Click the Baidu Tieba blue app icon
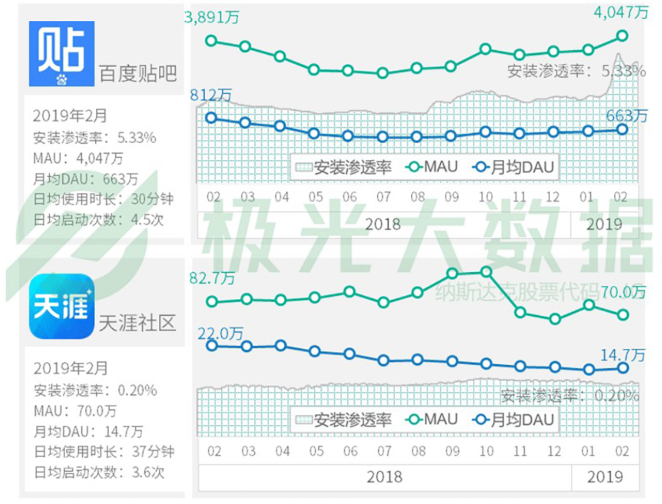[x=62, y=53]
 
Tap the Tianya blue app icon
[x=62, y=306]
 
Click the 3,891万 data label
[x=212, y=17]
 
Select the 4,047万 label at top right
[x=621, y=12]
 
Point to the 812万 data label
[x=211, y=95]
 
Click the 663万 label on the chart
[x=626, y=116]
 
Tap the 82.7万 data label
[x=212, y=278]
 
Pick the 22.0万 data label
[x=220, y=333]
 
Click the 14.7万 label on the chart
[x=623, y=355]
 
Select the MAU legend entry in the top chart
[x=432, y=167]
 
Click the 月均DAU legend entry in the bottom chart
[x=514, y=420]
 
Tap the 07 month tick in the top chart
[x=383, y=197]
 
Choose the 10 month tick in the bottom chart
[x=486, y=451]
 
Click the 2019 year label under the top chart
[x=604, y=224]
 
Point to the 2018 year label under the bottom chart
[x=384, y=477]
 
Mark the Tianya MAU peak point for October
[x=486, y=272]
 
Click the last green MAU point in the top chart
[x=622, y=36]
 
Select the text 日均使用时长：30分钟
[x=103, y=199]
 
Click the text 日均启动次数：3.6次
[x=99, y=472]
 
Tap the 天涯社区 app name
[x=137, y=323]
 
